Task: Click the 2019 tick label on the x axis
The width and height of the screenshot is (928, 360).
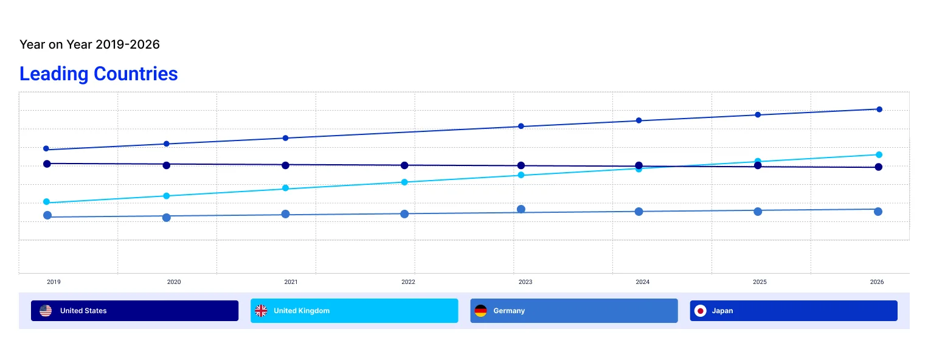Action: click(x=54, y=282)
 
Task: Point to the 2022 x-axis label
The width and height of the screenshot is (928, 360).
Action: click(x=408, y=282)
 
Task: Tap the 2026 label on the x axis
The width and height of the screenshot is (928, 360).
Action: click(x=877, y=282)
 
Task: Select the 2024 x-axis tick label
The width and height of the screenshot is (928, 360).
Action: click(x=643, y=282)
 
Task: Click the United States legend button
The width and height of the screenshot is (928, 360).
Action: click(x=134, y=311)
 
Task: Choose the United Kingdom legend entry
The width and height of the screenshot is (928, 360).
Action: click(x=354, y=311)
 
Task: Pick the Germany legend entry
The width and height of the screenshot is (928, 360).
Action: click(x=573, y=311)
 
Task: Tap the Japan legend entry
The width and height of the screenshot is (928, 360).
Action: click(x=793, y=311)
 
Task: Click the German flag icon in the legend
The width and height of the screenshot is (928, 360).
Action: click(x=480, y=311)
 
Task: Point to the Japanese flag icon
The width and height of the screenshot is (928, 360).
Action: click(x=700, y=311)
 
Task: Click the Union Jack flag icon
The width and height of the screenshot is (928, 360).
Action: click(x=261, y=311)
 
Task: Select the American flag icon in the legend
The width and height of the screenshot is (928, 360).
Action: click(x=46, y=311)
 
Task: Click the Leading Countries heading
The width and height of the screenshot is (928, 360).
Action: click(x=99, y=74)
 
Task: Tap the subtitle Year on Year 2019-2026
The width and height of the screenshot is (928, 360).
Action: click(x=89, y=44)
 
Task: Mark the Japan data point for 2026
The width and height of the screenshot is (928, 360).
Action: click(x=879, y=109)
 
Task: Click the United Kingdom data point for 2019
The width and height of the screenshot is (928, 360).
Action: click(x=46, y=202)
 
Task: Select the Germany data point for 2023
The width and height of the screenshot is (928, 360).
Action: click(x=521, y=209)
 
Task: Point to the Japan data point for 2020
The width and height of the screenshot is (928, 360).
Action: click(x=166, y=144)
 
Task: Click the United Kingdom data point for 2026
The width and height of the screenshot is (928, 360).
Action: click(x=879, y=154)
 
